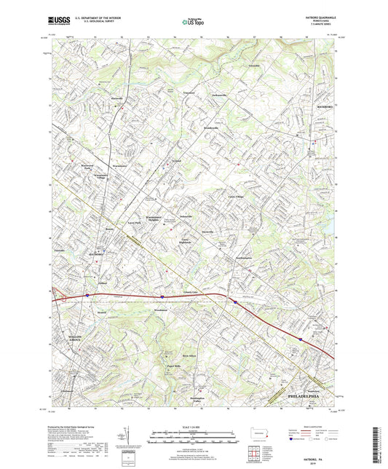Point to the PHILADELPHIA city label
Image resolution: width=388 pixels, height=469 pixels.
point(298,396)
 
